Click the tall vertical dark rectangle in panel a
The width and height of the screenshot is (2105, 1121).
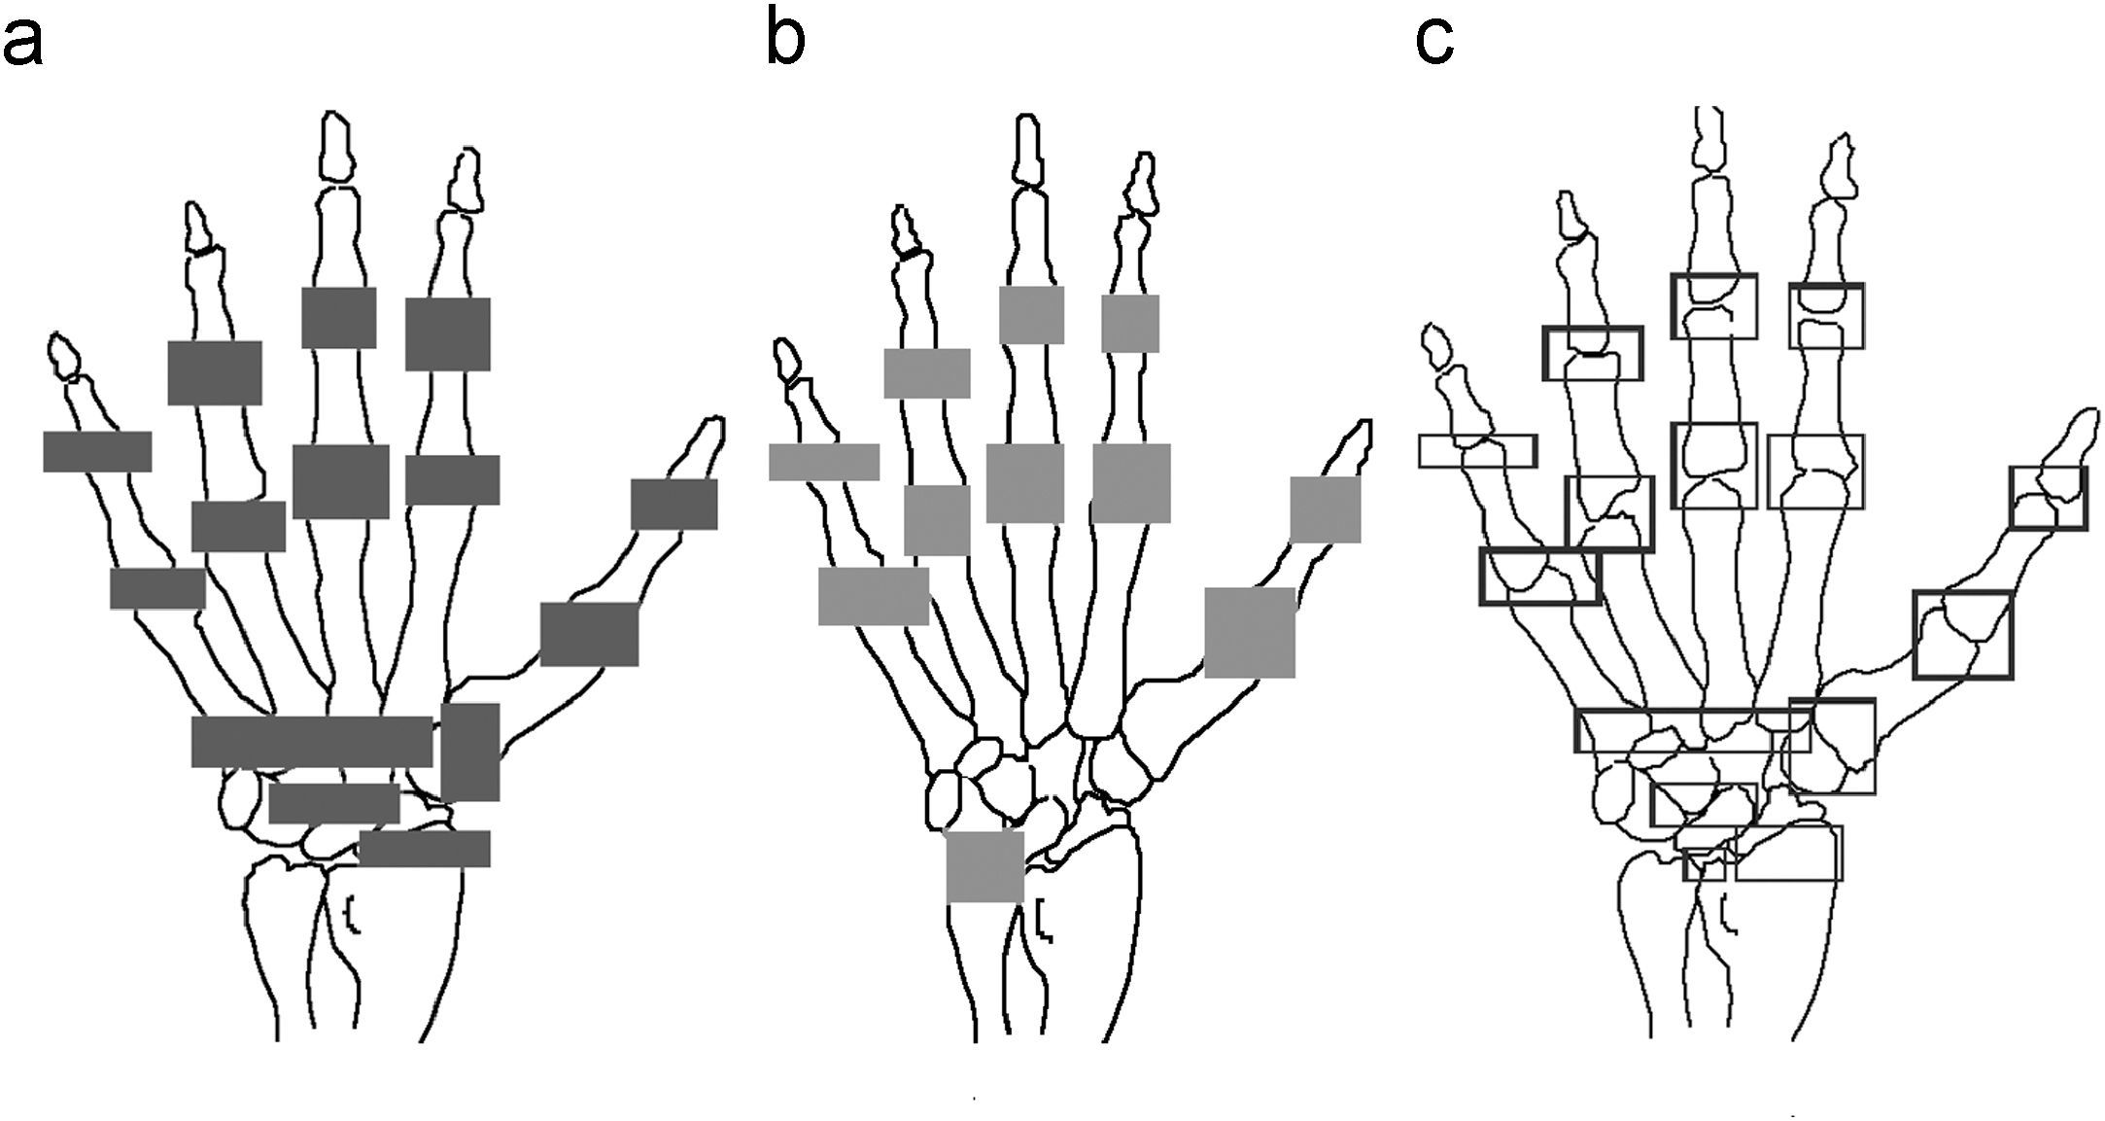coord(470,752)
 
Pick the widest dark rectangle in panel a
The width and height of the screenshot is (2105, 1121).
coord(312,741)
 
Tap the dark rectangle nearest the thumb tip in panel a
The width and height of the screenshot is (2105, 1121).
coord(673,504)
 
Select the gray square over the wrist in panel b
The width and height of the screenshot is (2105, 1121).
coord(984,866)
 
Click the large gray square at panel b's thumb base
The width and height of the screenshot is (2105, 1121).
coord(1250,632)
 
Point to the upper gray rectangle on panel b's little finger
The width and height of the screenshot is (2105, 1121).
coord(824,462)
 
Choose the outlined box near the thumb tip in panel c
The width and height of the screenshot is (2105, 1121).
coord(2048,498)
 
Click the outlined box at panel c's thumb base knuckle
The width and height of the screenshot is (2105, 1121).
coord(1962,634)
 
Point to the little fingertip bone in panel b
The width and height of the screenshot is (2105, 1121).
coord(786,360)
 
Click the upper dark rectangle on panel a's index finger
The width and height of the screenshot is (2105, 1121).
coord(447,333)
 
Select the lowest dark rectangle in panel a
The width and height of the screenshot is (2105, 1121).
coord(425,848)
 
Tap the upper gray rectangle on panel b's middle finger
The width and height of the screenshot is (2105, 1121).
coord(1031,315)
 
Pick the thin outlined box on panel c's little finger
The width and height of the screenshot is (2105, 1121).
coord(1477,451)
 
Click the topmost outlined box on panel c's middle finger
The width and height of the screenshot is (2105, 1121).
coord(1714,306)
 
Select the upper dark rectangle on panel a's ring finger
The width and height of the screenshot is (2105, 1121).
coord(214,372)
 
